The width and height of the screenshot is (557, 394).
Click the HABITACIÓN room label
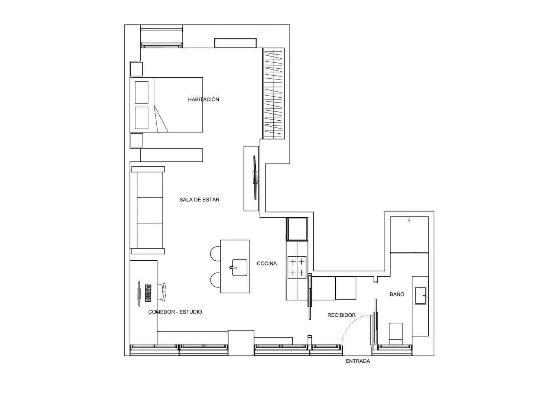click(203, 100)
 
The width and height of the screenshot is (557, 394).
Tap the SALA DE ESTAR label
click(199, 200)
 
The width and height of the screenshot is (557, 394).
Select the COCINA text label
click(267, 264)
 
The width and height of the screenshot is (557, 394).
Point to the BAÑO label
click(397, 294)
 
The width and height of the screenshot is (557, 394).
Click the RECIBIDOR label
click(341, 315)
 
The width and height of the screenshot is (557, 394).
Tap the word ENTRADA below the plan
click(358, 361)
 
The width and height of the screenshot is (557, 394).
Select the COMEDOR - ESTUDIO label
click(175, 312)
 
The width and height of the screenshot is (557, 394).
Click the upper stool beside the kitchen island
click(216, 254)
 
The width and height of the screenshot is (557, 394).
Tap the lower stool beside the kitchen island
click(215, 280)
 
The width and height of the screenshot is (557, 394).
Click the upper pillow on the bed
click(141, 92)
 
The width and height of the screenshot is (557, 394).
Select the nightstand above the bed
click(136, 69)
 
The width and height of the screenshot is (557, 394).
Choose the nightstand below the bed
click(136, 140)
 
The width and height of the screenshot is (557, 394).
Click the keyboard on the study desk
click(149, 293)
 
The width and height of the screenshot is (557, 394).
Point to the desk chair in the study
click(163, 292)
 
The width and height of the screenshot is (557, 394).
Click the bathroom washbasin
click(421, 295)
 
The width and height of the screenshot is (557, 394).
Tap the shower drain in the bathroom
click(409, 221)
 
